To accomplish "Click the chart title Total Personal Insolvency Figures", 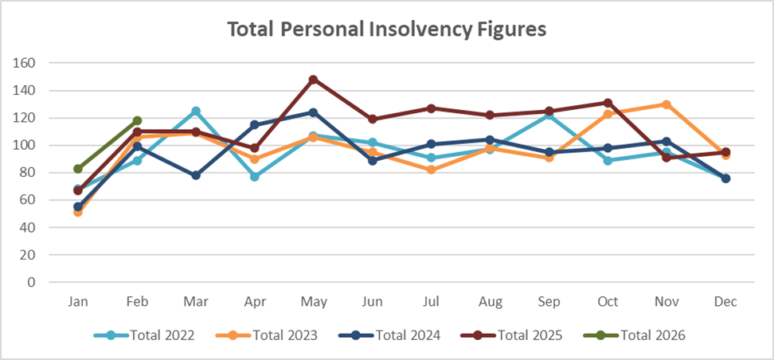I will [387, 29].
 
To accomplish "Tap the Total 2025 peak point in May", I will [313, 80].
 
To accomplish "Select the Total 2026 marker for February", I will [137, 120].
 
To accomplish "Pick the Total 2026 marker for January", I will [77, 169].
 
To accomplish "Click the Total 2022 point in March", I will [195, 111].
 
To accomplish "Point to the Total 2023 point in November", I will [666, 104].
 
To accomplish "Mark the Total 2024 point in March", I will [195, 175].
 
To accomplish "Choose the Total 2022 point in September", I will [548, 115].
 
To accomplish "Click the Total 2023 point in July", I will [431, 170].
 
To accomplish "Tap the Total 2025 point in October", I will [608, 103].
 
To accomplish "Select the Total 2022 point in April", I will [254, 177].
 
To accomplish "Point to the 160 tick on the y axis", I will [37, 63].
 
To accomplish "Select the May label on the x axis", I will [313, 302].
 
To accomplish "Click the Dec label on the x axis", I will [725, 302].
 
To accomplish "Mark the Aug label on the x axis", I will [490, 302].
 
